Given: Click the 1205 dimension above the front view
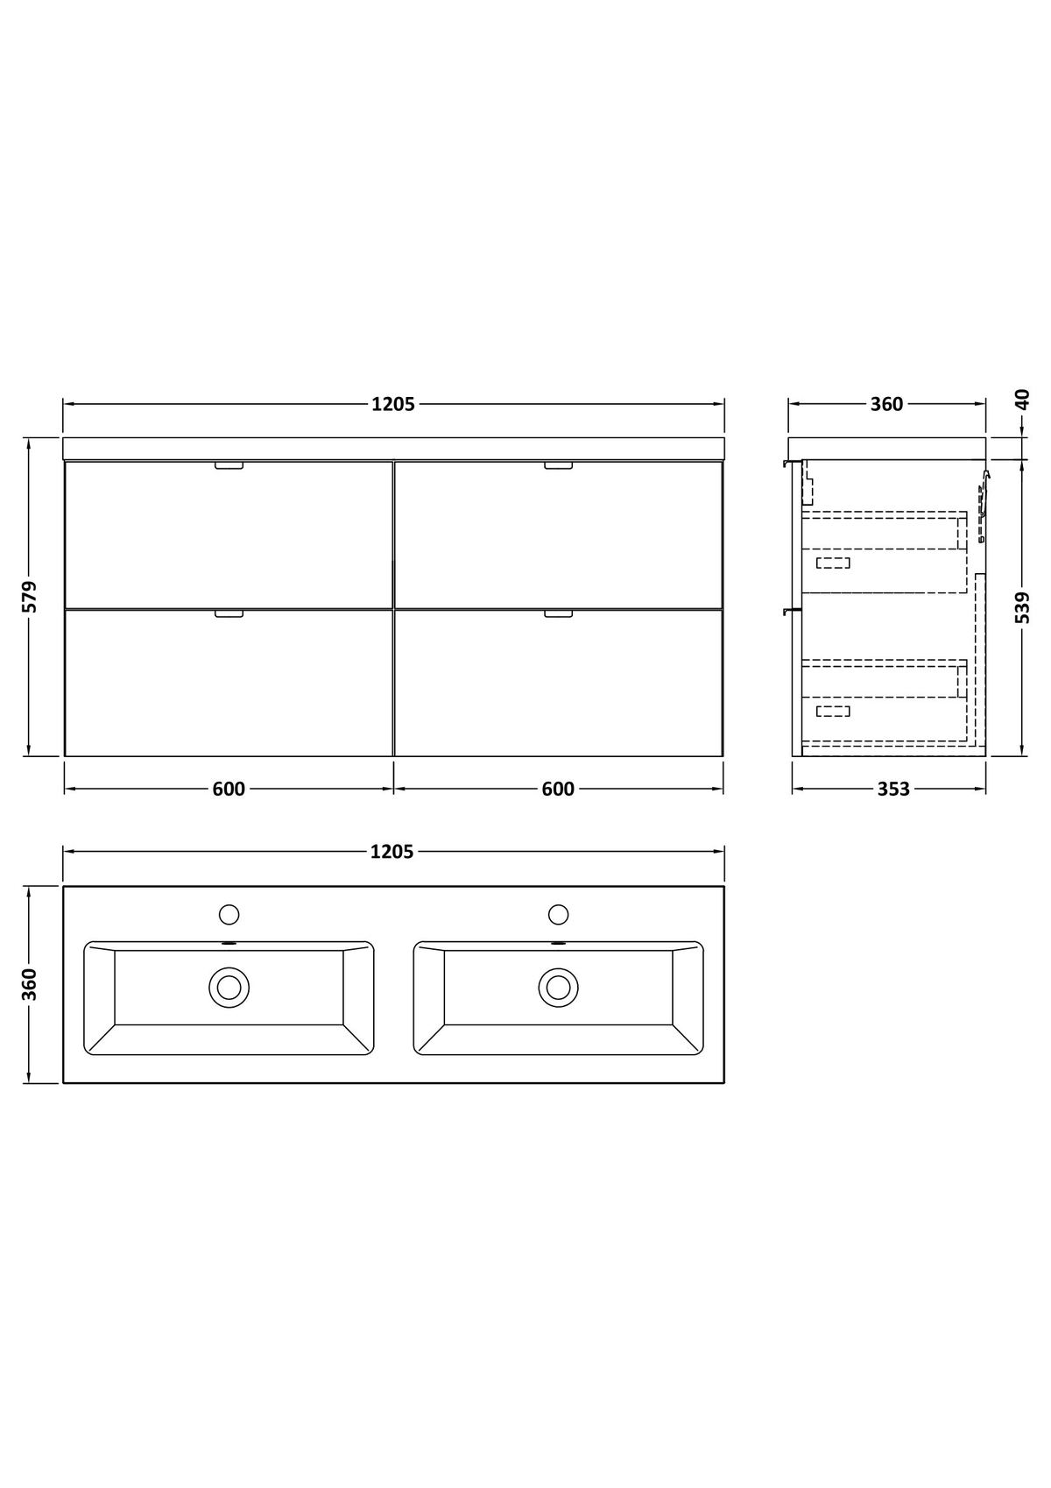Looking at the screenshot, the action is pyautogui.click(x=393, y=405).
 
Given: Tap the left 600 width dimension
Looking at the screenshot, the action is pyautogui.click(x=229, y=790).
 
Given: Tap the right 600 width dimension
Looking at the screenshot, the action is pyautogui.click(x=559, y=790).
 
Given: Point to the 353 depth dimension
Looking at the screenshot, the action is pyautogui.click(x=893, y=790).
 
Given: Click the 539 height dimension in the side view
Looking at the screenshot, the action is pyautogui.click(x=1023, y=607).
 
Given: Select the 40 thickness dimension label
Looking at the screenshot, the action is pyautogui.click(x=1023, y=400).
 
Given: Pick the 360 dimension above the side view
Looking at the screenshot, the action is pyautogui.click(x=887, y=405).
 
